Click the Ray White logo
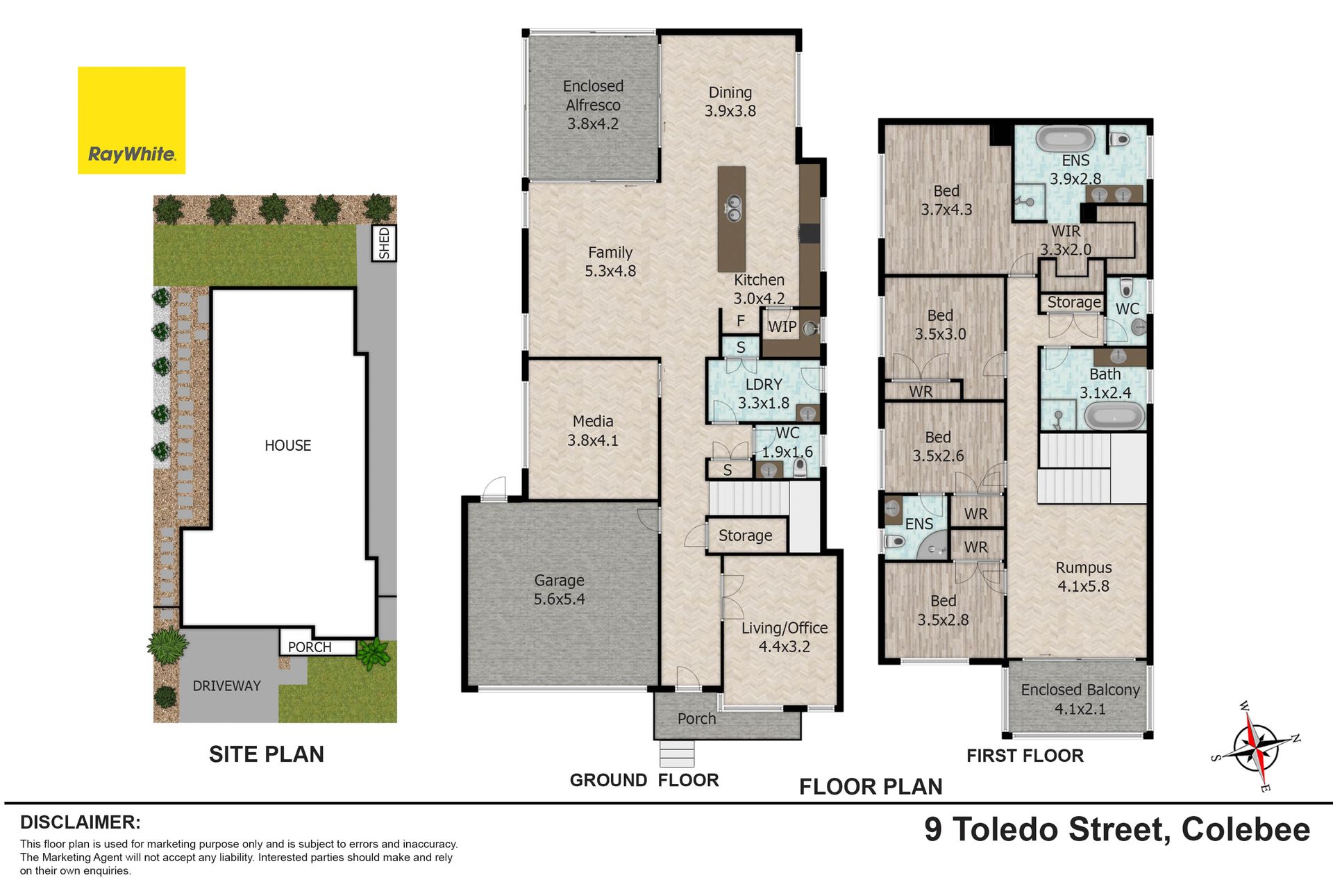[x=131, y=120]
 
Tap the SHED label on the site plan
[x=384, y=243]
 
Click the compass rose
[x=1255, y=747]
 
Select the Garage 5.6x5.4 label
[x=559, y=590]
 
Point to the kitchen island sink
[x=732, y=207]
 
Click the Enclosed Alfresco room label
[x=593, y=105]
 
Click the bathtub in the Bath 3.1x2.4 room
[x=1114, y=416]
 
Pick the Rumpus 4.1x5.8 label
[x=1083, y=577]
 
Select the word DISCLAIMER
[x=81, y=822]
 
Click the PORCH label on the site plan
[x=310, y=647]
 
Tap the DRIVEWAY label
[x=226, y=686]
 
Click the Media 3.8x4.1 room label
[x=592, y=431]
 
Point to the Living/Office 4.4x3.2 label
[x=785, y=637]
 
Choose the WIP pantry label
[x=782, y=326]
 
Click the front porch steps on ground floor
[x=677, y=754]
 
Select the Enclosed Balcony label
[x=1080, y=699]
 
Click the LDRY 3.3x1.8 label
[x=764, y=394]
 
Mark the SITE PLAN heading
[x=267, y=754]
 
